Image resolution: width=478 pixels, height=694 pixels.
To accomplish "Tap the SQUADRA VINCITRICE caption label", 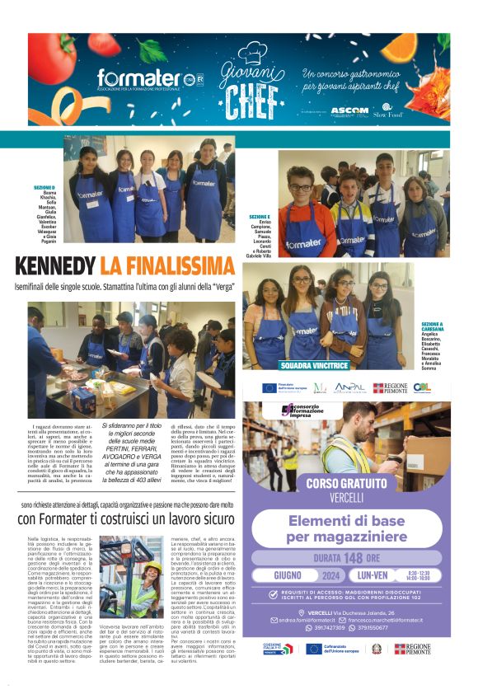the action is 315,364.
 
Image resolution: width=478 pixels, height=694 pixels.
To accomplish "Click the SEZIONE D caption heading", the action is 45,187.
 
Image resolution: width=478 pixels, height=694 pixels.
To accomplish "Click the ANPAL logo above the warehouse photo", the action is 349,387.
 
